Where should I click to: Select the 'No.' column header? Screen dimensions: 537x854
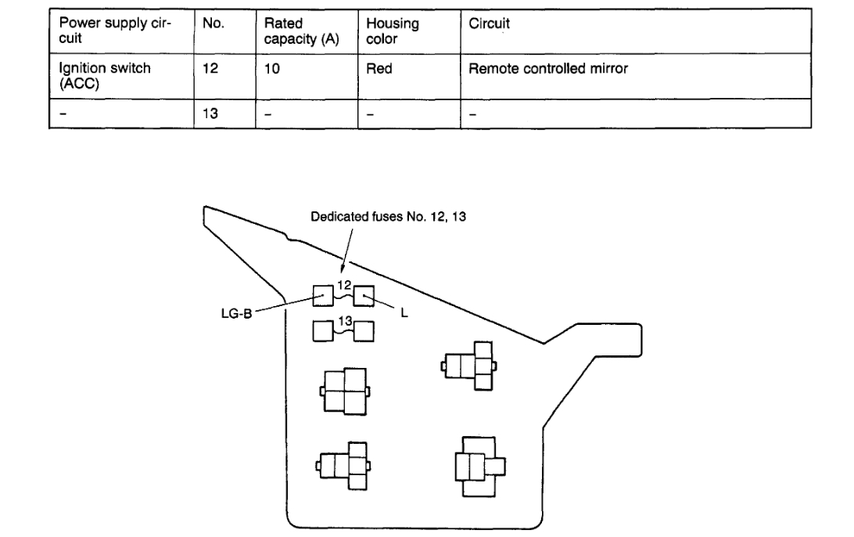213,24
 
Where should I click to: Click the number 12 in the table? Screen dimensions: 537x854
210,70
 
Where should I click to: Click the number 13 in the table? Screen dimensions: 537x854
210,114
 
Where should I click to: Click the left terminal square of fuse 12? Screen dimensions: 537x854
324,296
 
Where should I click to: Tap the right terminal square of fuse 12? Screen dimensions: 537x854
364,296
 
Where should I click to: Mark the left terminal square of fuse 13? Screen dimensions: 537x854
324,331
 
